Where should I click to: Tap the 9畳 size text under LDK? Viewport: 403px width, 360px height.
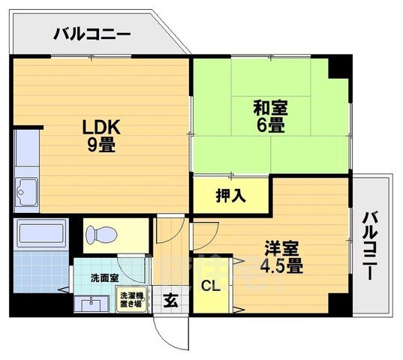coord(99,145)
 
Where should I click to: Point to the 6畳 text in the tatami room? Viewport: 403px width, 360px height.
coord(270,127)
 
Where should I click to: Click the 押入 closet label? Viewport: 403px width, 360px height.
coord(230,196)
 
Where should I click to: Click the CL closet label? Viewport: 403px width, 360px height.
coord(209,285)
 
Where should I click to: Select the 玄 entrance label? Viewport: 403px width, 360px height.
coord(171,301)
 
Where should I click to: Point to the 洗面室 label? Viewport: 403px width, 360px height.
coord(104,278)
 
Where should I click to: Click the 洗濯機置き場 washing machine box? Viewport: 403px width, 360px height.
coord(133,300)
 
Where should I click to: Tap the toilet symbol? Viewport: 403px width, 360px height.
coord(104,235)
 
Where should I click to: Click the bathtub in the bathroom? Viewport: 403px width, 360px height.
coord(41,235)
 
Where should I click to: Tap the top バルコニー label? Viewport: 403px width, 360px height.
coord(92,34)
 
